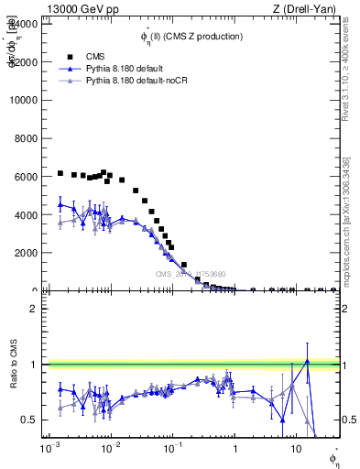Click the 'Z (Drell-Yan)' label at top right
307,8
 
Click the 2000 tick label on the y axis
27,253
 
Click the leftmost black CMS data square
60,173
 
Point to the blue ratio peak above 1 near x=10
308,361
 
